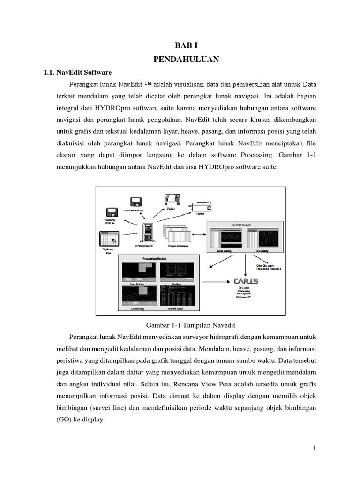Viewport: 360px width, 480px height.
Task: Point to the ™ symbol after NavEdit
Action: pyautogui.click(x=148, y=85)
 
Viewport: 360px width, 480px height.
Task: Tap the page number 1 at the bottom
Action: pyautogui.click(x=315, y=449)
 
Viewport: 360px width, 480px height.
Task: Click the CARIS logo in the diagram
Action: pyautogui.click(x=245, y=282)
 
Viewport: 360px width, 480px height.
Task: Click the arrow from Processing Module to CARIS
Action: pyautogui.click(x=216, y=282)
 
